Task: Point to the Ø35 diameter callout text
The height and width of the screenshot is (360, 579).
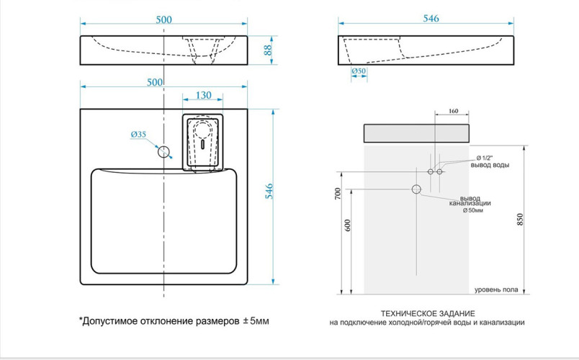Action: coord(138,134)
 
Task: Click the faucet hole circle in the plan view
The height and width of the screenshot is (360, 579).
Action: coord(164,151)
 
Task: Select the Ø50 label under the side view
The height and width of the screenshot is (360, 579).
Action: coord(359,71)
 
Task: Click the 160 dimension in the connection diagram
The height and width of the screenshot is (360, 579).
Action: coord(453,111)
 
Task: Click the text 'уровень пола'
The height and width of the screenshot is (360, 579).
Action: coord(496,290)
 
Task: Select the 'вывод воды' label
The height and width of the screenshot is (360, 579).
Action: coord(490,166)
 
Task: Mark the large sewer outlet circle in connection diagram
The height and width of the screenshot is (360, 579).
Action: coord(416,189)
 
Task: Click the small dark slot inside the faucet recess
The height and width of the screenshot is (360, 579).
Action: coord(204,142)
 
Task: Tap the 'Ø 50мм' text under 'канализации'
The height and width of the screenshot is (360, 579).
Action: coord(475,210)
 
